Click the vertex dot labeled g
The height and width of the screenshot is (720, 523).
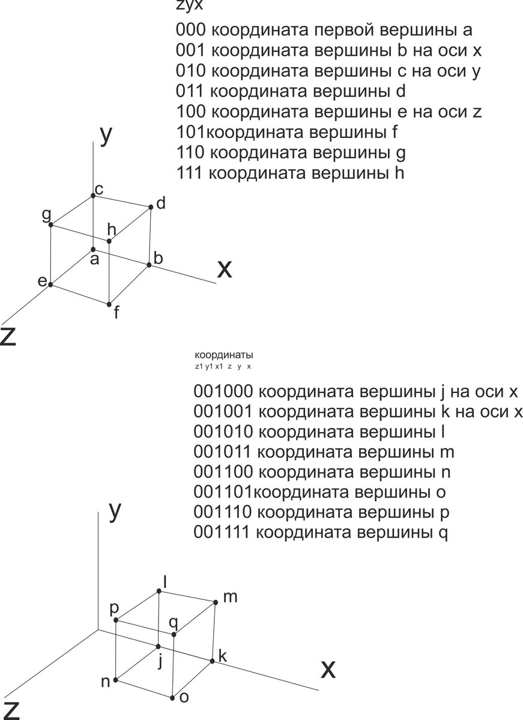click(51, 224)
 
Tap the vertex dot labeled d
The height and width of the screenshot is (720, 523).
click(150, 207)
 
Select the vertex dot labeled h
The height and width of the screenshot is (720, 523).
click(109, 241)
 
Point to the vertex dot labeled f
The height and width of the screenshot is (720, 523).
click(109, 304)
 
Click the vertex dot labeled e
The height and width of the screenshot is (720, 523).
click(50, 284)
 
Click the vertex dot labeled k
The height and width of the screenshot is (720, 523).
click(213, 661)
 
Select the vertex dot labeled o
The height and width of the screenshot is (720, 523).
click(173, 698)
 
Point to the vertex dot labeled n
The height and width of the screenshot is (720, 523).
click(115, 681)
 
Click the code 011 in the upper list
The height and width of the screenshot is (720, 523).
click(192, 92)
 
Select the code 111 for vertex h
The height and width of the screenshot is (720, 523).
click(191, 173)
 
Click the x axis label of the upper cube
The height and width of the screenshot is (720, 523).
click(224, 269)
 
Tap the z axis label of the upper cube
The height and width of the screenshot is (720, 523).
click(8, 338)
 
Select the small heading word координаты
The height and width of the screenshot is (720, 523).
click(220, 355)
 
